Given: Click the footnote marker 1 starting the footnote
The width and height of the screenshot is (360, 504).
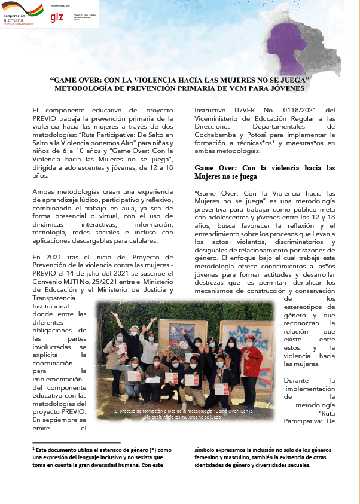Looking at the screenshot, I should (33, 448).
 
